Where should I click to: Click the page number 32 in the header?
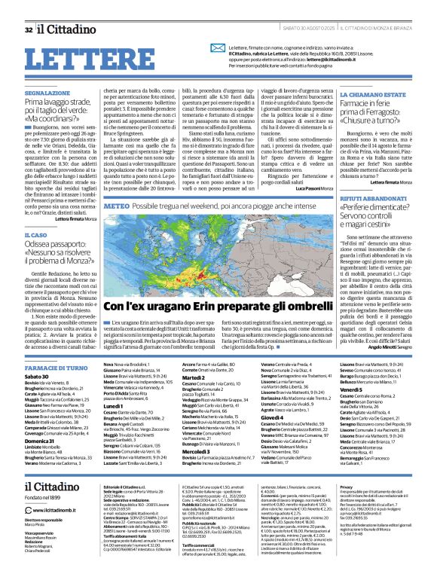(29, 9)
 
